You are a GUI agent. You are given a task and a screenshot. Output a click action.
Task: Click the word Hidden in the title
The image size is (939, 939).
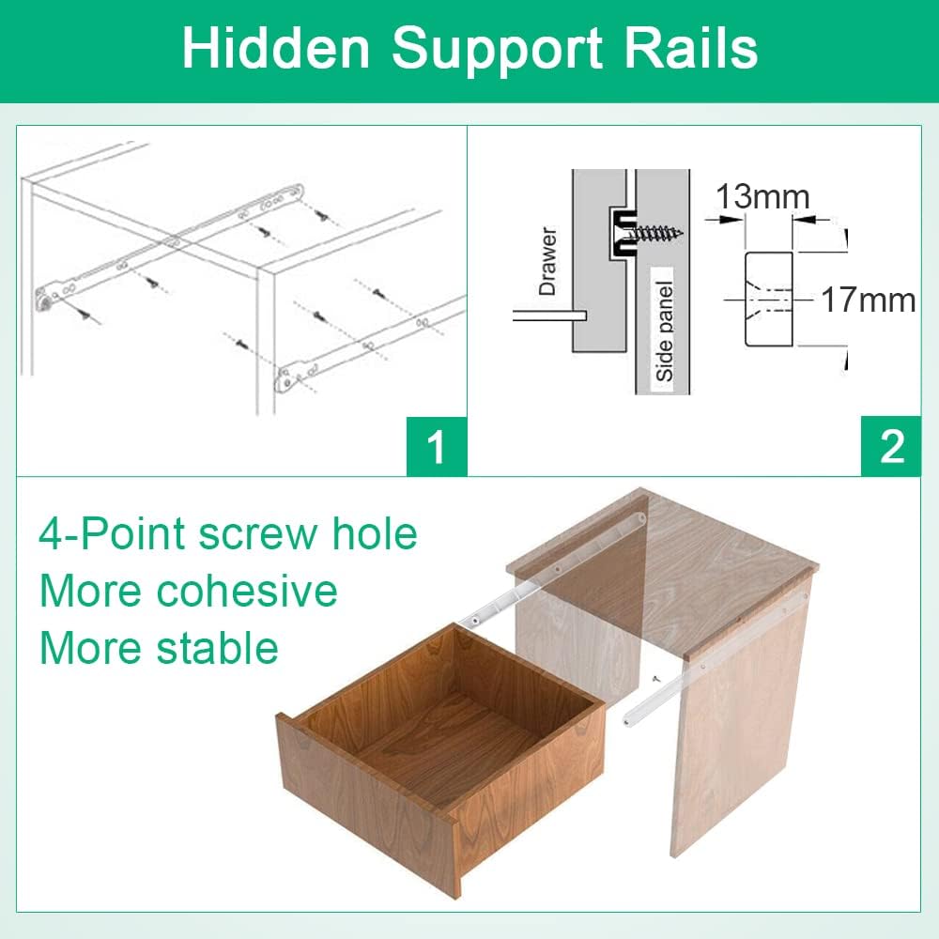click(x=276, y=48)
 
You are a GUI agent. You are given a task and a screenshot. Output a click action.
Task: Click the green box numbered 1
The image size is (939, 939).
click(x=437, y=446)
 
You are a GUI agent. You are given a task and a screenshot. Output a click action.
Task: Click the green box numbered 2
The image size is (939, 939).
click(x=891, y=446)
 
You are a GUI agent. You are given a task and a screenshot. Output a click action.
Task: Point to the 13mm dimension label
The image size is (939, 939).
click(x=762, y=196)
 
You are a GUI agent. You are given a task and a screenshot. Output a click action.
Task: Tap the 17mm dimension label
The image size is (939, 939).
click(x=868, y=300)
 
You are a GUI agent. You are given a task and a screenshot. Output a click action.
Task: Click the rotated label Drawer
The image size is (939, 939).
click(x=547, y=261)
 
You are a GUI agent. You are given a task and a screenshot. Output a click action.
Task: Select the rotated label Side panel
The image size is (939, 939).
click(x=665, y=331)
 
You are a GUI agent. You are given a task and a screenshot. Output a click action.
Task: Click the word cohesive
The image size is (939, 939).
click(x=247, y=591)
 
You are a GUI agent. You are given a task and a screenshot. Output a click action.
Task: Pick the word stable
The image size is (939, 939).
click(x=218, y=648)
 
